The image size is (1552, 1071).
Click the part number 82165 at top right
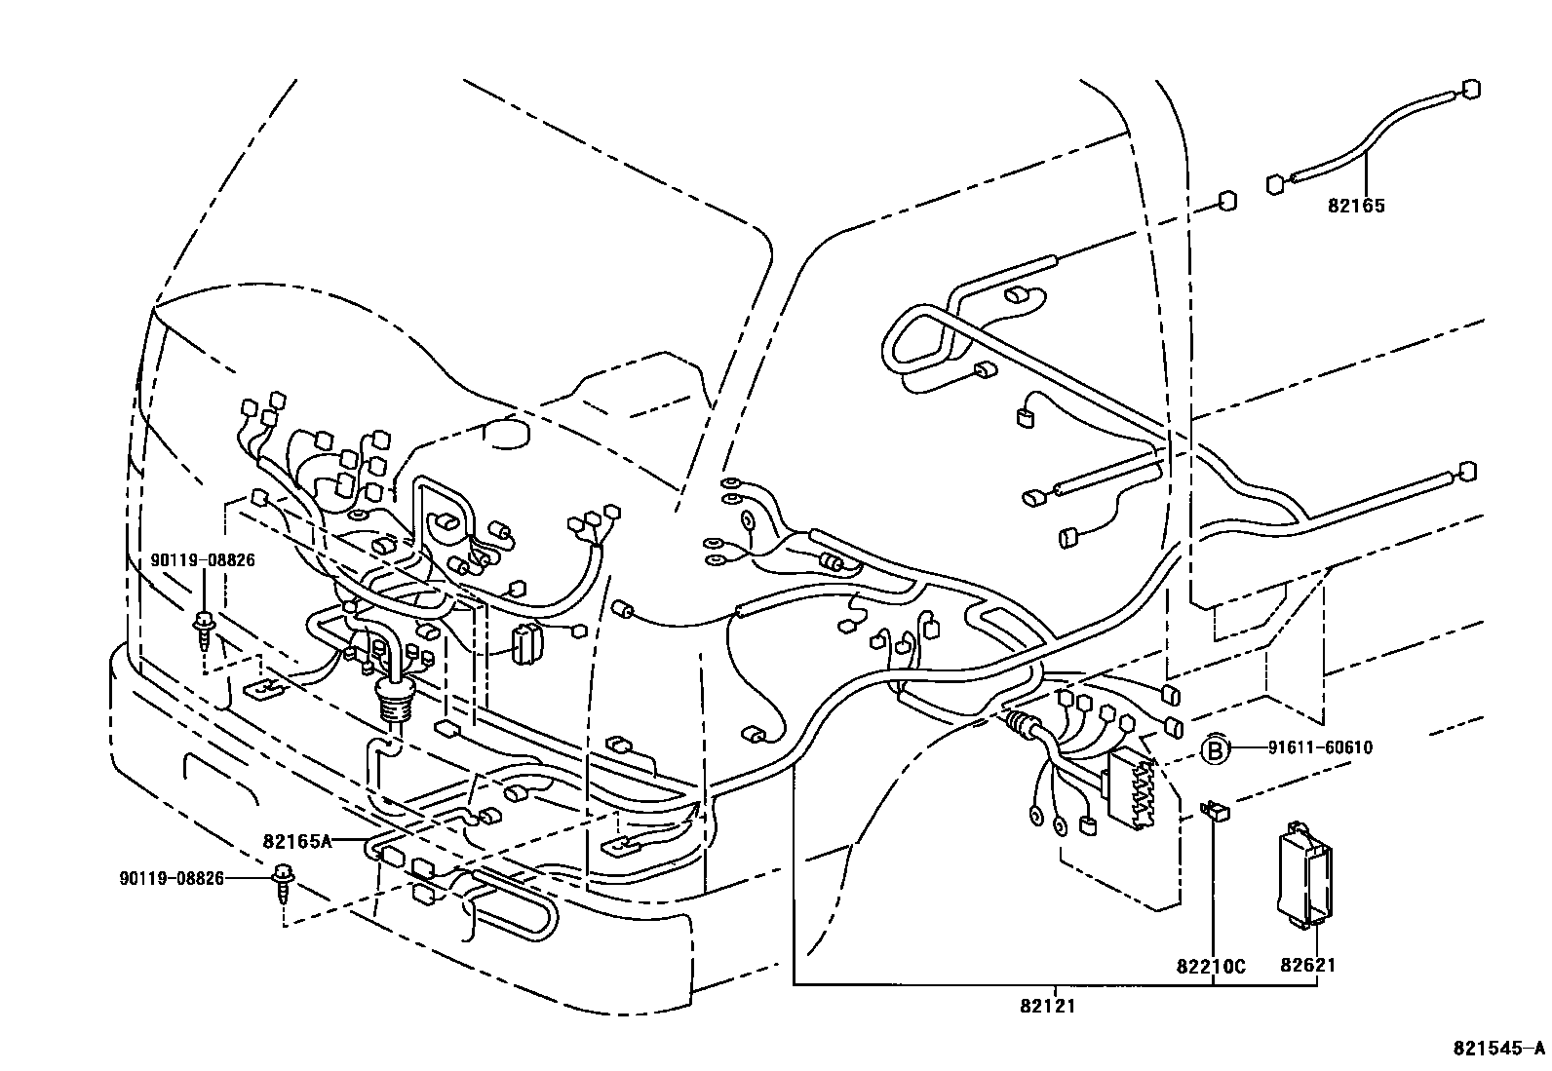1355,206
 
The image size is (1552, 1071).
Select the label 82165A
297,841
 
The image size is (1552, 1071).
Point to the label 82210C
1211,967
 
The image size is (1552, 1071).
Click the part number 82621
1307,965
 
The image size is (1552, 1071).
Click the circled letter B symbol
1214,749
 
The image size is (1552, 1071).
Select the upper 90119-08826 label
203,560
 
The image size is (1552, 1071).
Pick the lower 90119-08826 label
173,878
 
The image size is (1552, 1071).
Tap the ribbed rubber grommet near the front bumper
396,700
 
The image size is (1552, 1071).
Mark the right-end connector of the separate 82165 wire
1471,89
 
